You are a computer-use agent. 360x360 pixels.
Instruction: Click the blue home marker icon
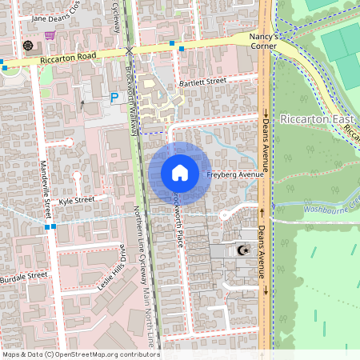180,173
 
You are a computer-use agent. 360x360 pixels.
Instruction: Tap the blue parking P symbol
114,97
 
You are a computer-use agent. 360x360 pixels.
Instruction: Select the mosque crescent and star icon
242,251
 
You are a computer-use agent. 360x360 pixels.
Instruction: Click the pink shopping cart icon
50,35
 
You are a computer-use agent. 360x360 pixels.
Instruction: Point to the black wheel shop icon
29,45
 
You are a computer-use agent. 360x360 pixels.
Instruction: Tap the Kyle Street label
82,198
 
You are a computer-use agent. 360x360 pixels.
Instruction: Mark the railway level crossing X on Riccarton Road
130,50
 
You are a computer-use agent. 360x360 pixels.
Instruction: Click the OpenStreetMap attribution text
80,354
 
